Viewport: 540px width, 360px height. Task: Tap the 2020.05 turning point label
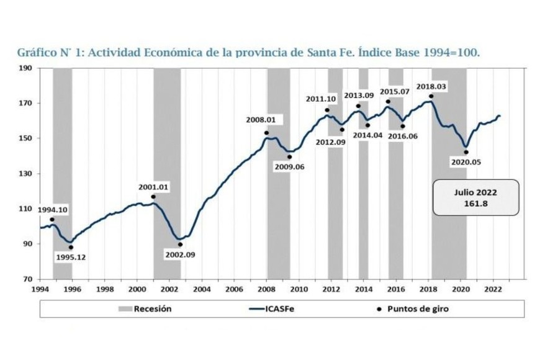pos(466,163)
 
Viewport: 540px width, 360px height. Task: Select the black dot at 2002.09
pos(180,245)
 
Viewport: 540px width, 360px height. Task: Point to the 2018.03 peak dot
pos(431,96)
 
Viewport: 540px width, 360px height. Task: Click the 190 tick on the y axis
pos(25,68)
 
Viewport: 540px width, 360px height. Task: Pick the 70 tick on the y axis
pos(28,279)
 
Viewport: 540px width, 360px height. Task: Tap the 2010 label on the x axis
pos(299,289)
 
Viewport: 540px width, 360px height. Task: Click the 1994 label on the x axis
pos(40,289)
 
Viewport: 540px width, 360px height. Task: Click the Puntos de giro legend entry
pos(397,308)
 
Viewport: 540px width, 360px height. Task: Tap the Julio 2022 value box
pos(475,197)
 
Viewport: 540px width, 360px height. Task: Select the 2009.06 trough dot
pos(289,157)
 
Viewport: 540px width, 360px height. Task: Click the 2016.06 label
pos(403,136)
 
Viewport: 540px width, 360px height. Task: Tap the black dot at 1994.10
pos(52,220)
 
